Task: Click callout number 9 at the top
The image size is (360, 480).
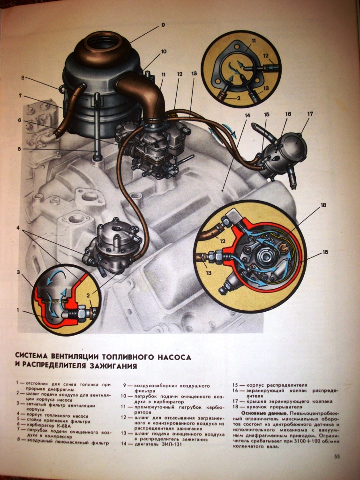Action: (x=163, y=24)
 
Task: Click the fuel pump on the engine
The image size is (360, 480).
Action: (x=115, y=244)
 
